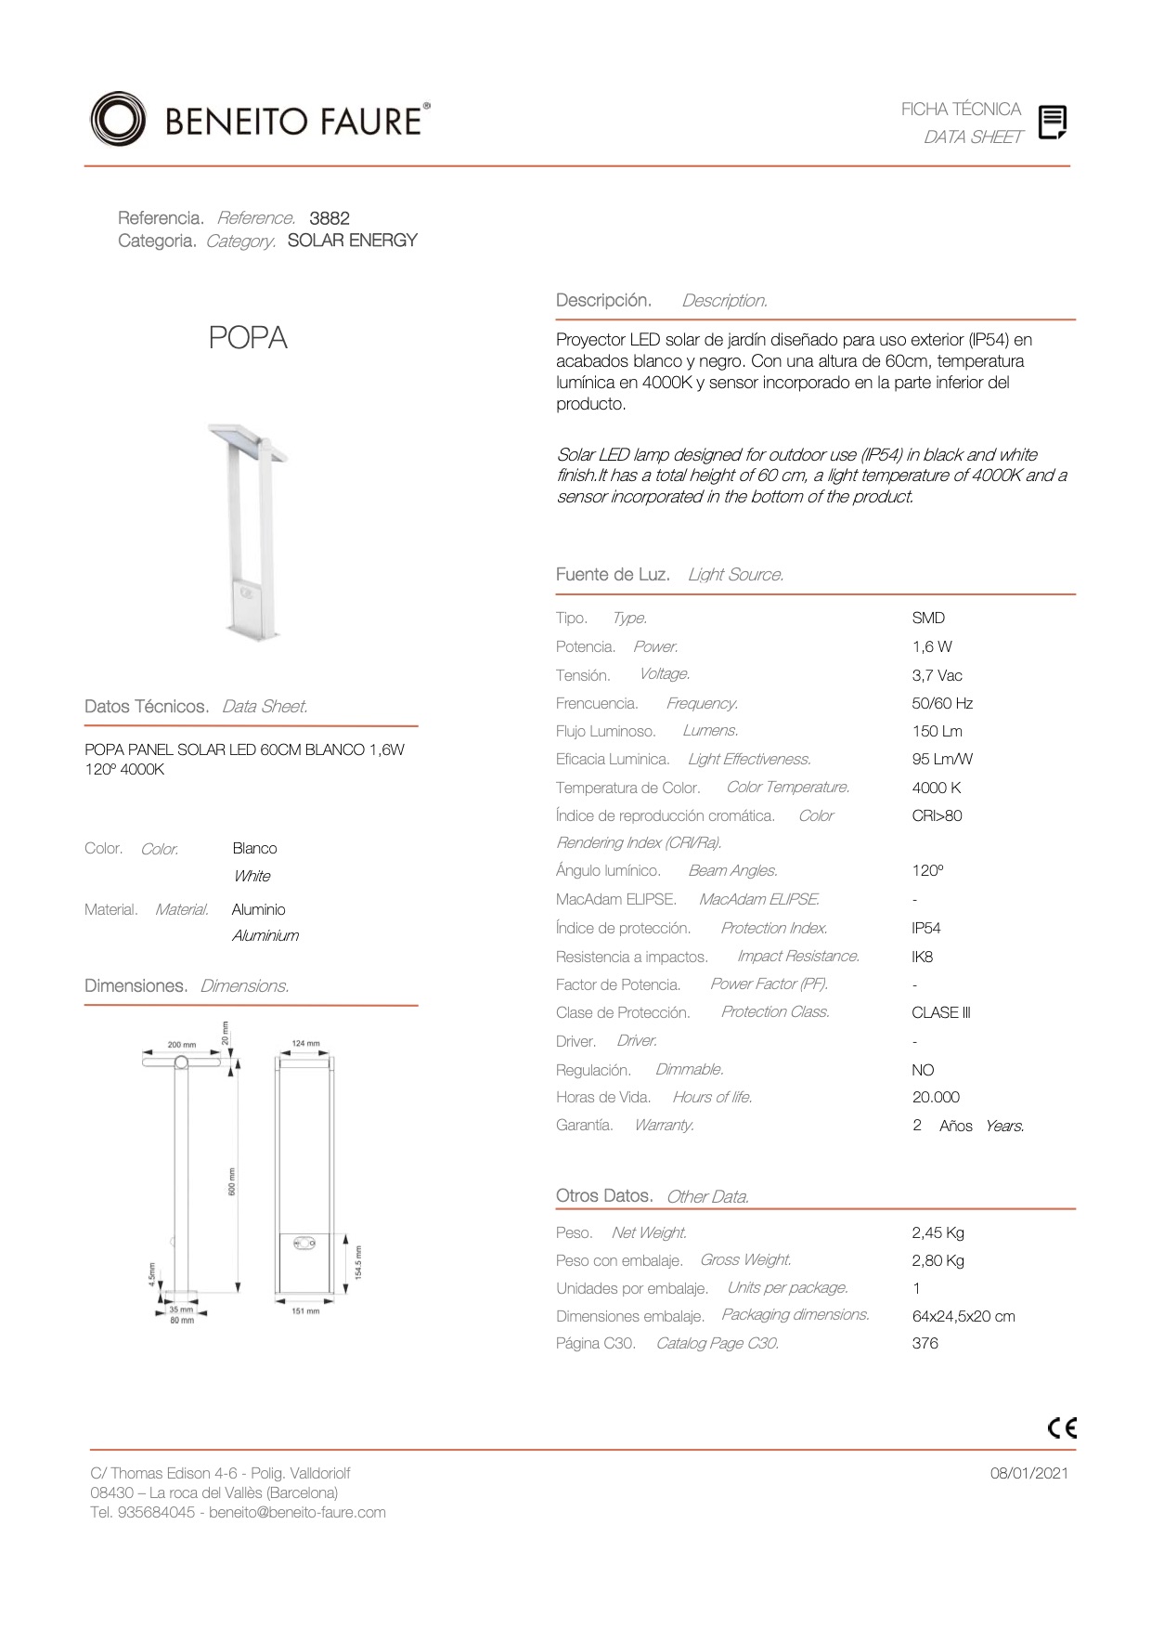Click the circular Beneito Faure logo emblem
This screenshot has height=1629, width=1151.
click(118, 120)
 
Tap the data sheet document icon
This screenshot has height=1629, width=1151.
click(1052, 122)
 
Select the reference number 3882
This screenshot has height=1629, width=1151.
click(330, 218)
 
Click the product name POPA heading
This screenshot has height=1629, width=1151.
click(248, 338)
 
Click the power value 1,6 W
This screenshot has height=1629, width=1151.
click(932, 646)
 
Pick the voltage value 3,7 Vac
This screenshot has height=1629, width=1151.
click(937, 675)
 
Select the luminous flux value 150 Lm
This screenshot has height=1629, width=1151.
click(937, 731)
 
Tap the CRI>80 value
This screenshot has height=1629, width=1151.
click(937, 815)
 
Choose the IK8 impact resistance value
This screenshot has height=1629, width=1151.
click(923, 957)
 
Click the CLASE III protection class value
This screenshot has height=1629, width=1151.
click(940, 1012)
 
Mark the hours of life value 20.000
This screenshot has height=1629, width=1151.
click(936, 1097)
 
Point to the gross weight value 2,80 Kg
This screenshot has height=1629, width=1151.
click(938, 1260)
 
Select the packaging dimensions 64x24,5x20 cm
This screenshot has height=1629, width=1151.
click(963, 1316)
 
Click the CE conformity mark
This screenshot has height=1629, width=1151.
click(1062, 1427)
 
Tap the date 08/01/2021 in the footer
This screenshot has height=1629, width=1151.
click(1028, 1473)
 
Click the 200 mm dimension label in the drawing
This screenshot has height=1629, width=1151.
click(182, 1045)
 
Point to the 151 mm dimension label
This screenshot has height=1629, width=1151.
click(305, 1311)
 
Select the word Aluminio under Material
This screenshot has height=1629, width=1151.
click(259, 909)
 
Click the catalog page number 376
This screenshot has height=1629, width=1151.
click(925, 1343)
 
